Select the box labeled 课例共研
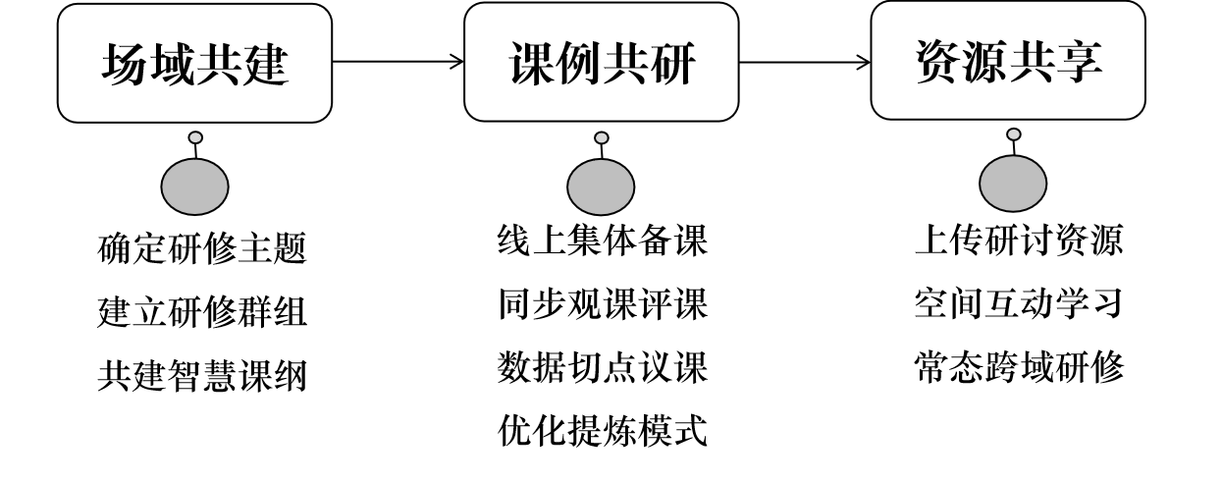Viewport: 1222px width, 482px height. tap(601, 63)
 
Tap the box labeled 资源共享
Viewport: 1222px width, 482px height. tap(1008, 62)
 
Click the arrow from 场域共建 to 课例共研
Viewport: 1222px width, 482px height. tap(398, 63)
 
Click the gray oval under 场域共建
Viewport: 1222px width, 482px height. tap(194, 187)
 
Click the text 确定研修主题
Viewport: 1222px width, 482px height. tap(203, 248)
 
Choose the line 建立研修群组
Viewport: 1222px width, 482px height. tap(203, 313)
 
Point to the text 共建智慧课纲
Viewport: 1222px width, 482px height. tap(203, 376)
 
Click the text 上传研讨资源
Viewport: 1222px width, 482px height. tap(1019, 241)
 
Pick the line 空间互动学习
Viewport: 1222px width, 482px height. tap(1019, 305)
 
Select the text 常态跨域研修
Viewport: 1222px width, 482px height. tap(1019, 368)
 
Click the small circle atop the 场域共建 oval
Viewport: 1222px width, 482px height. tap(195, 137)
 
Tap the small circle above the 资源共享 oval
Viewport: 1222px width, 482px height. tap(1014, 134)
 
